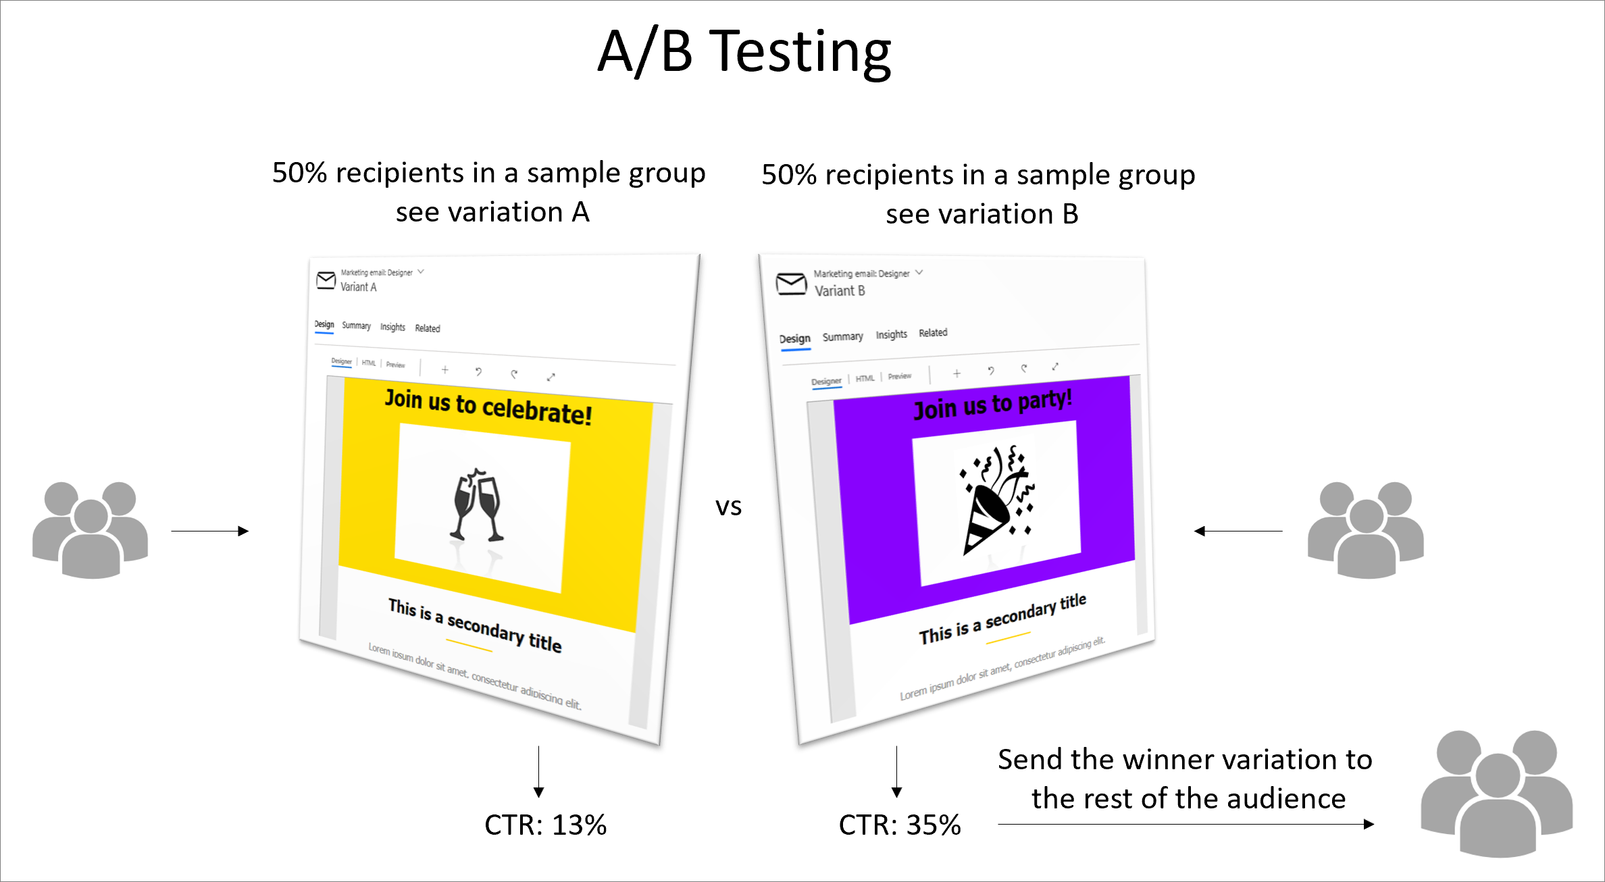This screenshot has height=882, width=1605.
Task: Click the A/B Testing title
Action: [x=744, y=53]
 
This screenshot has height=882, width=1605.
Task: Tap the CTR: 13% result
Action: [x=546, y=825]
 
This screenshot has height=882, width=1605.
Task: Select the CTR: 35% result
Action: [x=900, y=825]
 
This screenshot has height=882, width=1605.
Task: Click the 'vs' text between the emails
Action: [x=728, y=507]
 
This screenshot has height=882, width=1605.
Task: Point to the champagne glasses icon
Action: [x=478, y=504]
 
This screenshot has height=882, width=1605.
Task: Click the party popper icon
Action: [x=997, y=498]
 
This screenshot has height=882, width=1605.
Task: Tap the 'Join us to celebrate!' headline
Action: [x=488, y=407]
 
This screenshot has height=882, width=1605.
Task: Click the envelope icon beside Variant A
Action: [x=326, y=280]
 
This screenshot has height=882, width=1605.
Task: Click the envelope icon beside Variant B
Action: [x=791, y=284]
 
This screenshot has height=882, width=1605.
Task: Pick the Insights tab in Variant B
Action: [x=892, y=334]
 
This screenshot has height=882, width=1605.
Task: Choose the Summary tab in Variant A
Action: [x=357, y=326]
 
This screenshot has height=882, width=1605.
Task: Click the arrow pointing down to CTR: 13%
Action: [x=538, y=772]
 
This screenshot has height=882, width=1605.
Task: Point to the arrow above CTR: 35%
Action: [x=896, y=772]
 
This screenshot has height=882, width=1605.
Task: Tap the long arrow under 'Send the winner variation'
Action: [x=1186, y=824]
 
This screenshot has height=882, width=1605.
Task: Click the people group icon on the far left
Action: [x=91, y=530]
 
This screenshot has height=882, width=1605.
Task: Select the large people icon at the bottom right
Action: [x=1497, y=794]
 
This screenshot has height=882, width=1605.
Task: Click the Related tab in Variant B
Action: [x=933, y=333]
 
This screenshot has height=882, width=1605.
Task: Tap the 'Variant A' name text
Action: [x=359, y=287]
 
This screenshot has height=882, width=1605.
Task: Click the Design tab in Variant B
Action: [x=795, y=339]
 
